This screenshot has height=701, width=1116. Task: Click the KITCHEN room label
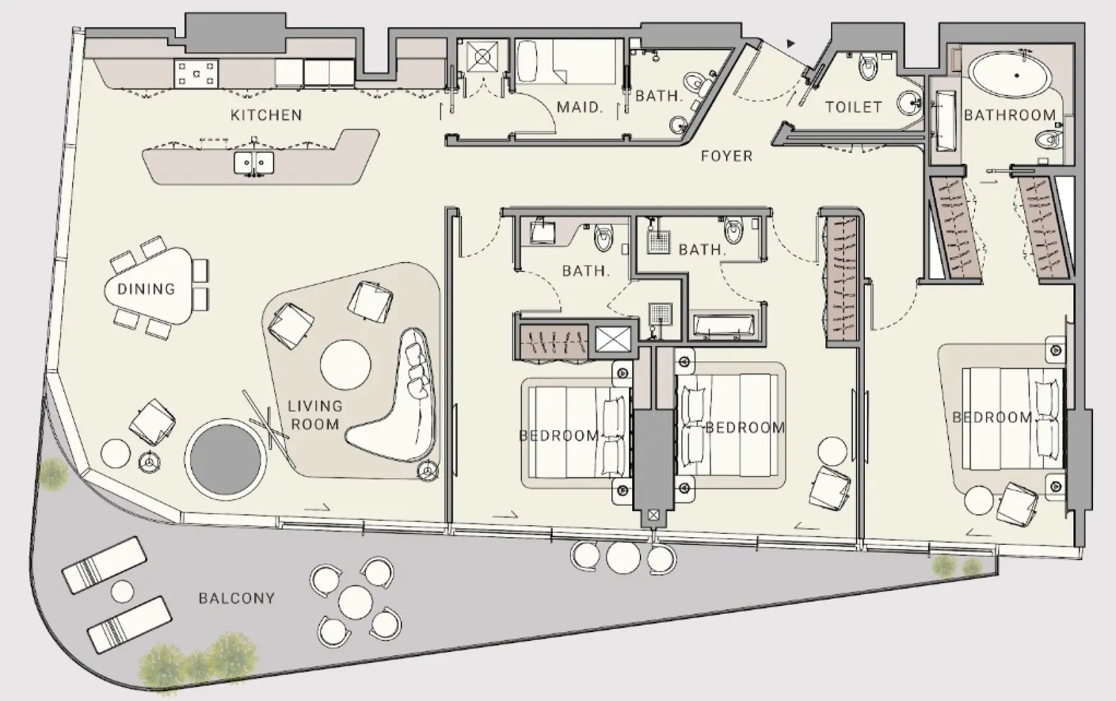click(x=266, y=115)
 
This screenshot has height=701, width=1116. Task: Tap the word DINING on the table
click(x=146, y=289)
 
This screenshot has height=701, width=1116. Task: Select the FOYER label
click(x=727, y=156)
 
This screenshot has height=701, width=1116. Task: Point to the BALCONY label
click(x=236, y=598)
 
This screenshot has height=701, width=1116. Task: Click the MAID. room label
click(x=579, y=107)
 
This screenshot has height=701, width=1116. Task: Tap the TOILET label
click(x=853, y=107)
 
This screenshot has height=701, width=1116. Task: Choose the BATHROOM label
click(x=1010, y=115)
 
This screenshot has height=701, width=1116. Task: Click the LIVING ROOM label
click(x=315, y=415)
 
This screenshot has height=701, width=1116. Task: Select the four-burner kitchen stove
click(x=196, y=73)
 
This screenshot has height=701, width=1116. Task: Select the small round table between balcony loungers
click(x=122, y=592)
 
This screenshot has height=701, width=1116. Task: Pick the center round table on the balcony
click(x=356, y=602)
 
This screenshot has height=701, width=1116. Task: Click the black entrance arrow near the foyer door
click(x=791, y=44)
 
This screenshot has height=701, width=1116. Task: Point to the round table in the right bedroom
click(x=979, y=500)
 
